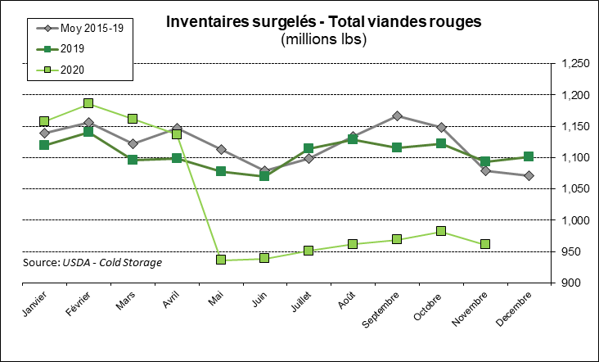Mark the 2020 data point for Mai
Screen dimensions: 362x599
(221, 260)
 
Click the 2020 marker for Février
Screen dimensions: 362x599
(88, 104)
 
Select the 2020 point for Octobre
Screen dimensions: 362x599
(441, 231)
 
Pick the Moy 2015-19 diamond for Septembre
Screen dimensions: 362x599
(397, 116)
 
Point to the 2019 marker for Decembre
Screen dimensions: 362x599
(529, 156)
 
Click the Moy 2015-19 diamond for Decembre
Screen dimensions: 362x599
(529, 176)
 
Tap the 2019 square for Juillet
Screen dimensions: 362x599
(309, 149)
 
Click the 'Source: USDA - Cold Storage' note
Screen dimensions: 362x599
(92, 262)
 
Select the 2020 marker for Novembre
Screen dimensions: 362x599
(485, 244)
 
